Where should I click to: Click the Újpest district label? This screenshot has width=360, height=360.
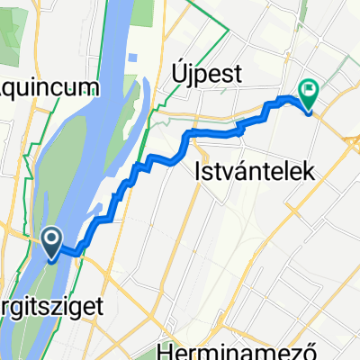coord(206,76)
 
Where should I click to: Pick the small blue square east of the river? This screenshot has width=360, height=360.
coord(132,57)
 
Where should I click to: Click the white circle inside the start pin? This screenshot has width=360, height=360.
coord(53,238)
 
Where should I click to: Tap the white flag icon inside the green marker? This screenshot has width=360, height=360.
coord(310,89)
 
